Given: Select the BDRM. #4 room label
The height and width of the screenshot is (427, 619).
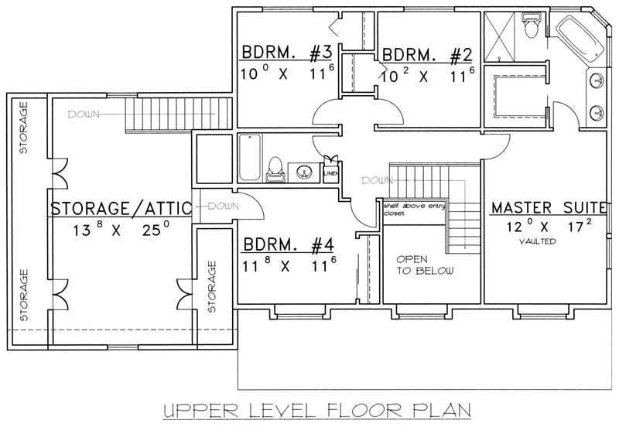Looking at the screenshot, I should pos(288,247).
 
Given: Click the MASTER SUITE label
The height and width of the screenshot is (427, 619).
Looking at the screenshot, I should pos(548,207).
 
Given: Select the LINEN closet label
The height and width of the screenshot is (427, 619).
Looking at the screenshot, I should pos(330,173).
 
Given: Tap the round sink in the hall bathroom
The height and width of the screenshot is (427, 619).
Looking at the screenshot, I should pos(302,170).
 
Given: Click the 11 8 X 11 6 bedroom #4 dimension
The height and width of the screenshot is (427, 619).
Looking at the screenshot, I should pos(288,267).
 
